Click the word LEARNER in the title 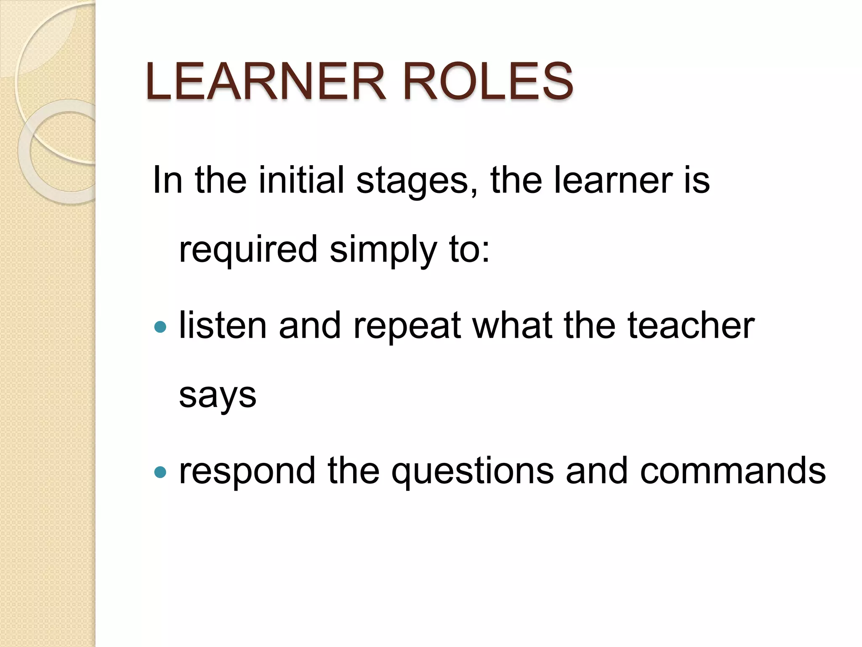click(265, 81)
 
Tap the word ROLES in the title click(488, 81)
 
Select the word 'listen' click(223, 326)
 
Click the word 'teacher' click(691, 326)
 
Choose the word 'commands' click(732, 471)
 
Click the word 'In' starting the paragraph click(168, 180)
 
